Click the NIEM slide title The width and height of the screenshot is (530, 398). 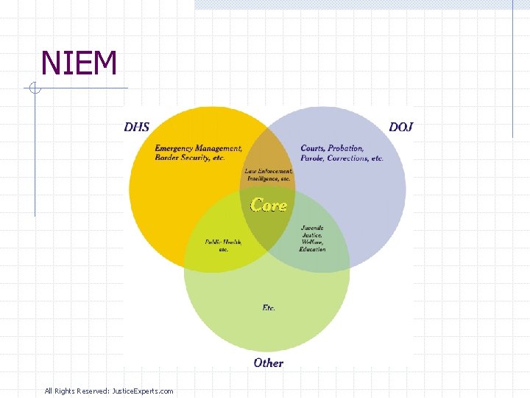click(x=79, y=63)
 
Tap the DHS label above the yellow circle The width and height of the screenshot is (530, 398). click(x=136, y=127)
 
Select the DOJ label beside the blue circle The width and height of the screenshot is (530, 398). click(x=401, y=127)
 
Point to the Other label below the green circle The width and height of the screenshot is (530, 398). click(x=268, y=363)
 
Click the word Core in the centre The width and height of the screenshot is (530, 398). click(x=269, y=205)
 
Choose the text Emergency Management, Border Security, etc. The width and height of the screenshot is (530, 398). click(x=197, y=153)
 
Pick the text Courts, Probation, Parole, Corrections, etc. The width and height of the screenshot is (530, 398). click(x=342, y=153)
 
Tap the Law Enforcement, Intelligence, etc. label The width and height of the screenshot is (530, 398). click(x=268, y=175)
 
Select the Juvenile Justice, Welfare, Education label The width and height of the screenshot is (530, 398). click(x=312, y=239)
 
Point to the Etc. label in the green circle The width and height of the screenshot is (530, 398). click(x=269, y=307)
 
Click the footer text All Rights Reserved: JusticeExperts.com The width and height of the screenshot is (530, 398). click(x=109, y=391)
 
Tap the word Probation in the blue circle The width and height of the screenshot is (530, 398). click(x=345, y=148)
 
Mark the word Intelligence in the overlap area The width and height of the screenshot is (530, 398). click(x=260, y=178)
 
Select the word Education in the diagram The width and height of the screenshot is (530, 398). click(x=312, y=250)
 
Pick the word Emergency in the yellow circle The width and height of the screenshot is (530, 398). click(x=174, y=148)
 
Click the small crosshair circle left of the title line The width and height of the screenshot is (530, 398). click(x=35, y=88)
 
